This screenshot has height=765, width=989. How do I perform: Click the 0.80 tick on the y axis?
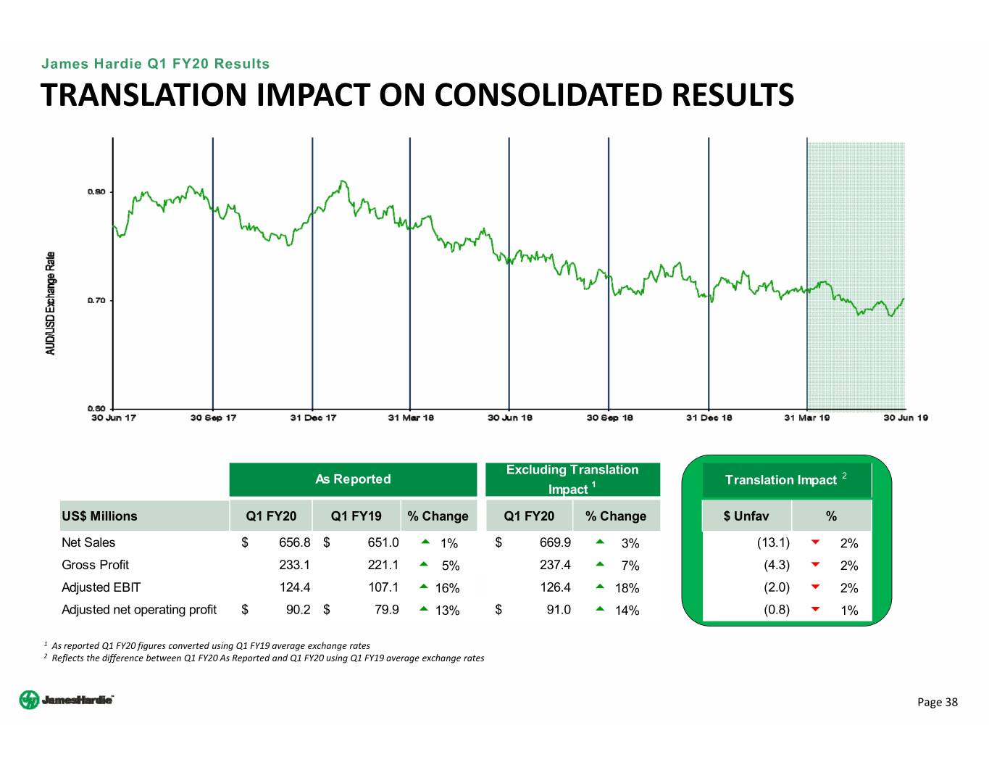pyautogui.click(x=96, y=192)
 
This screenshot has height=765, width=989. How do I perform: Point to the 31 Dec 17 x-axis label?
pyautogui.click(x=313, y=418)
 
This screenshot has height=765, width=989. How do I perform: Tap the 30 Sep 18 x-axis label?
pyautogui.click(x=609, y=418)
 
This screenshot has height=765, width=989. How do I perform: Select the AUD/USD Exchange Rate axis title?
pyautogui.click(x=51, y=303)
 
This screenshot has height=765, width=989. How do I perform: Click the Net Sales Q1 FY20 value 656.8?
pyautogui.click(x=294, y=542)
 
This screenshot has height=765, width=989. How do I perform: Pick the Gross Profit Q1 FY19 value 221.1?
pyautogui.click(x=383, y=565)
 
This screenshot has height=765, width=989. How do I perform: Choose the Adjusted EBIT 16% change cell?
pyautogui.click(x=447, y=588)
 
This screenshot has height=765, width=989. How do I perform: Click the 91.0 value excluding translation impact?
pyautogui.click(x=558, y=610)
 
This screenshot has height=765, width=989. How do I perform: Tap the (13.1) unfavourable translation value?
pyautogui.click(x=773, y=542)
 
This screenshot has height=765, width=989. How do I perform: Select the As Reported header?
pyautogui.click(x=353, y=479)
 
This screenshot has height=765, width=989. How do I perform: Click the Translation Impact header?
pyautogui.click(x=781, y=480)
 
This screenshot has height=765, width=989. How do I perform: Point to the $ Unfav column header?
pyautogui.click(x=746, y=516)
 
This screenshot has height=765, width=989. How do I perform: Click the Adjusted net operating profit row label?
pyautogui.click(x=139, y=610)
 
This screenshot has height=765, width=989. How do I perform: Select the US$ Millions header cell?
pyautogui.click(x=99, y=516)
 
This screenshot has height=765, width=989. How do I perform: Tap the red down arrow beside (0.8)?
pyautogui.click(x=815, y=610)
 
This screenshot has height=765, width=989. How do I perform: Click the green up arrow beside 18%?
pyautogui.click(x=600, y=587)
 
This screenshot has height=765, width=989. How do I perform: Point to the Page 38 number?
pyautogui.click(x=937, y=702)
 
